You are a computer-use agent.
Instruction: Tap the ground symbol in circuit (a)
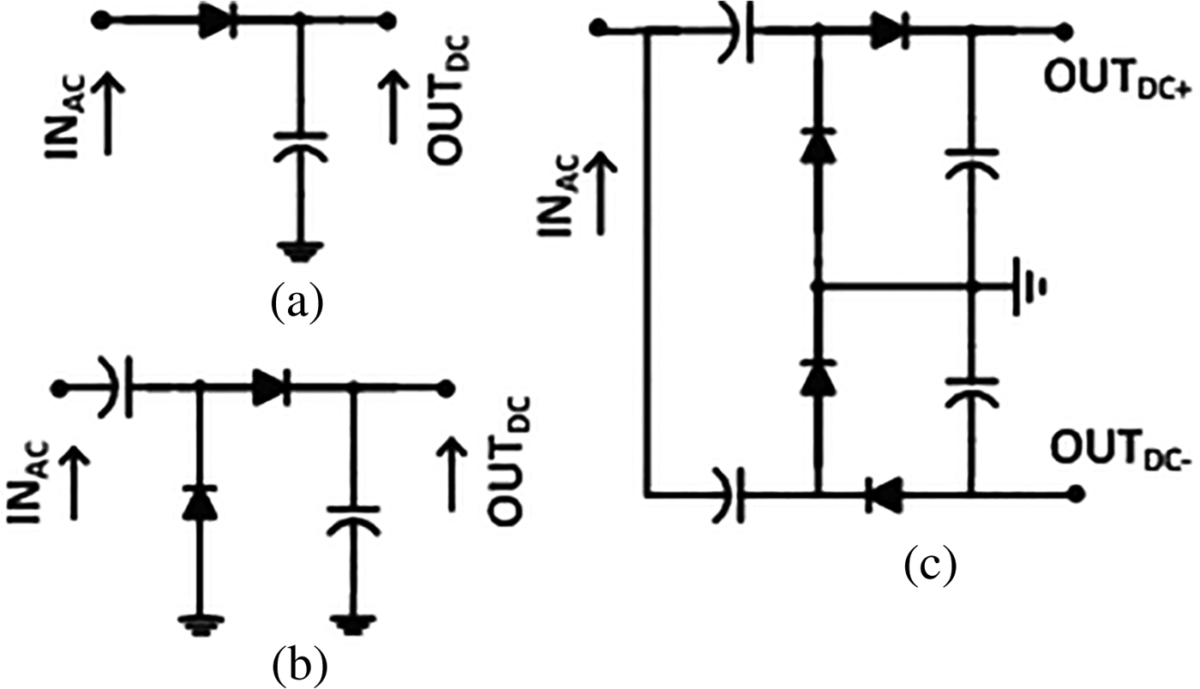[298, 251]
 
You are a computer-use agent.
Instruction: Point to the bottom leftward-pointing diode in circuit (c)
[883, 494]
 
